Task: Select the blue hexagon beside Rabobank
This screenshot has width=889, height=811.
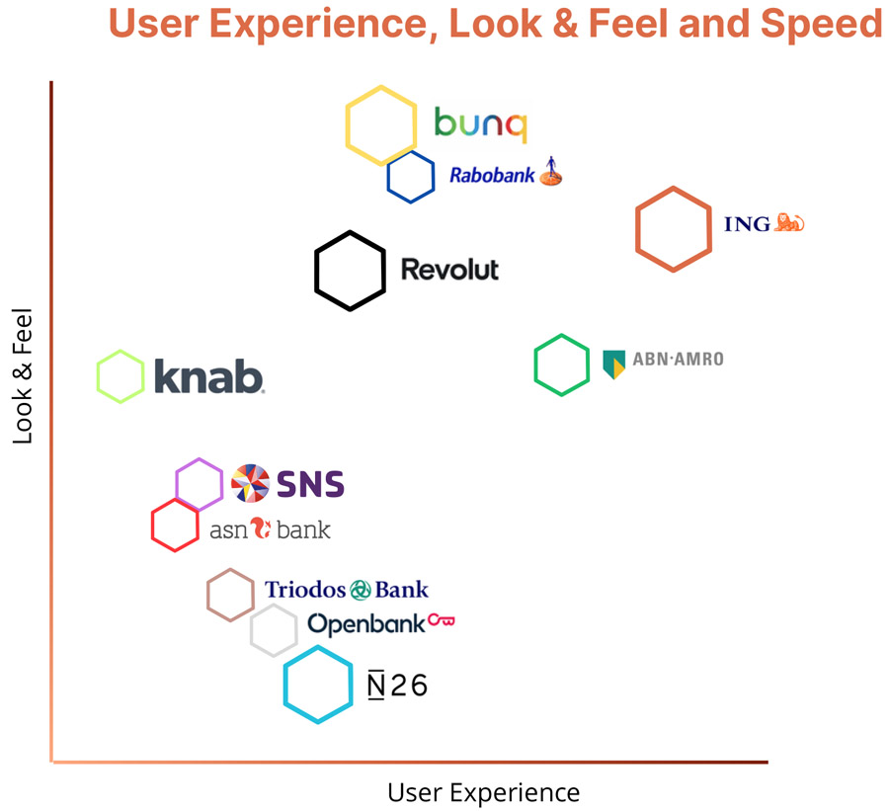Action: pos(411,178)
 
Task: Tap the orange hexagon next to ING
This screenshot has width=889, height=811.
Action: pos(674,228)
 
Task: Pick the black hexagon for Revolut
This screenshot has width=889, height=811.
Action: pos(350,271)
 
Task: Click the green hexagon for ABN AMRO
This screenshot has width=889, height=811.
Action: pos(562,365)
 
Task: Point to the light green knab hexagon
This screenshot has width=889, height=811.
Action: pos(121,376)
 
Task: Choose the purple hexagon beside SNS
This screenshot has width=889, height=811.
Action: pos(200,484)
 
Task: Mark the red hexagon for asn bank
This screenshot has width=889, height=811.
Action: pos(176,526)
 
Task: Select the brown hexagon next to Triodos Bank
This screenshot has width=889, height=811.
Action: pos(231,596)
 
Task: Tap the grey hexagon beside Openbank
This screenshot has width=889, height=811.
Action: pos(274,630)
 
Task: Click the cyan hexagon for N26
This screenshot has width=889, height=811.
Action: pos(318,685)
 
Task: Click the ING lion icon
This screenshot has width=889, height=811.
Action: pos(789,222)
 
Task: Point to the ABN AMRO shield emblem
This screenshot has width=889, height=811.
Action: pos(614,365)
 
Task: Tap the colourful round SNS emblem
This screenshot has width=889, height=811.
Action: pos(250,483)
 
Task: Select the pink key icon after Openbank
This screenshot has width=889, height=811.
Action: pos(442,621)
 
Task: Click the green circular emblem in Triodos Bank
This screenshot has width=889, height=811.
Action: pos(361,590)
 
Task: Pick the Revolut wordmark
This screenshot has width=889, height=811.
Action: pos(449,270)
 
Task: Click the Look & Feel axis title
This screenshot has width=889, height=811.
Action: pos(23,376)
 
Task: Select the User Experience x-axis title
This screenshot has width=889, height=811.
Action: pos(483,792)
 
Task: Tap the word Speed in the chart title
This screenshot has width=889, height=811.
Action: pos(826,22)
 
